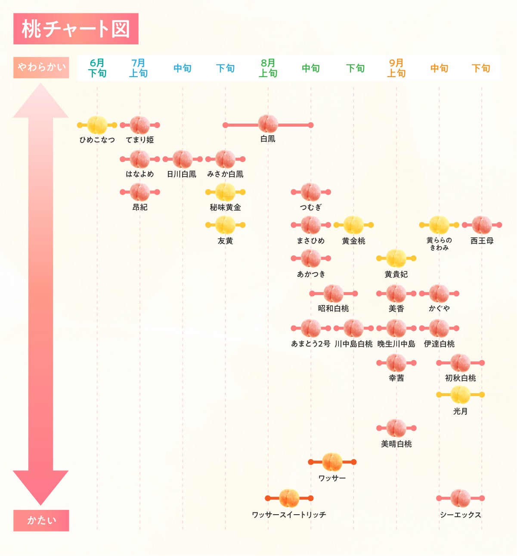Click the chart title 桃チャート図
pos(76,29)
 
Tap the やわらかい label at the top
pos(41,67)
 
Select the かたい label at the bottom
pos(41,520)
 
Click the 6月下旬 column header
pos(97,68)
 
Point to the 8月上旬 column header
pos(268,68)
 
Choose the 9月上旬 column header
pos(396,68)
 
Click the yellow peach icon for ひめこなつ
pos(97,125)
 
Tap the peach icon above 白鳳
pos(268,124)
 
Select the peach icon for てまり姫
pos(140,125)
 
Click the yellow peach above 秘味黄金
pos(225,192)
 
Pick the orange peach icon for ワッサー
pos(332,462)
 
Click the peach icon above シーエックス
pos(460,498)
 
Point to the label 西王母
pos(482,241)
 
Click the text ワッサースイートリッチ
pos(289,515)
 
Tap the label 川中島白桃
pos(353,344)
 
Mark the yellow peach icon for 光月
pos(460,394)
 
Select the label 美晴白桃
pos(396,444)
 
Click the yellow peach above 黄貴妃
pos(396,258)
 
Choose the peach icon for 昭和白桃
pos(333,294)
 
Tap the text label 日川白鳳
pos(182,174)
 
